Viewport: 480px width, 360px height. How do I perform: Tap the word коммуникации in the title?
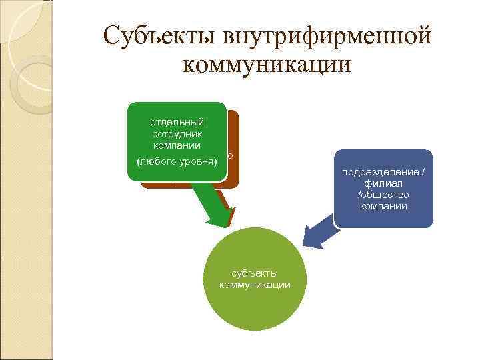[265, 65]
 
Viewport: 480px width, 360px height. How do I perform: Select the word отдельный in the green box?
[178, 122]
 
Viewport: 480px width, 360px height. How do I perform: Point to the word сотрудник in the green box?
[178, 133]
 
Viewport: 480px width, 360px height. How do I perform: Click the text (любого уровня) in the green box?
[178, 161]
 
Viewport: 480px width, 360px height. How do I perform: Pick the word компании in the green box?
[178, 145]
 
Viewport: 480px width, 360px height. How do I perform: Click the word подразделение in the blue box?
[383, 171]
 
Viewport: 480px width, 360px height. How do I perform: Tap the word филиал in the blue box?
[383, 183]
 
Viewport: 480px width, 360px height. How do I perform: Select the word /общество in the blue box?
[383, 194]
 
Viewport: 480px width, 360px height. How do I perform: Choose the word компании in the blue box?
[383, 205]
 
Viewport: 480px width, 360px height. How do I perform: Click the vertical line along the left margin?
[53, 200]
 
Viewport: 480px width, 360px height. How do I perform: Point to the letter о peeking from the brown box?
[230, 155]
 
